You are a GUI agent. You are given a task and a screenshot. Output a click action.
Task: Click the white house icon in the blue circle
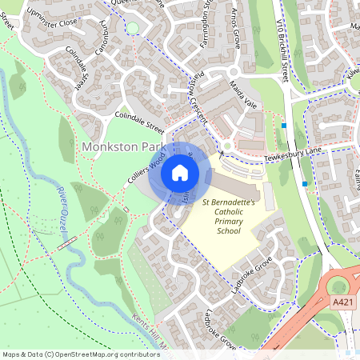pyautogui.click(x=180, y=172)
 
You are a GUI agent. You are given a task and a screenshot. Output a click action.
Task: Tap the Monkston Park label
pyautogui.click(x=122, y=148)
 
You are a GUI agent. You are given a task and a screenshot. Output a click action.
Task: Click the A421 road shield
pyautogui.click(x=342, y=302)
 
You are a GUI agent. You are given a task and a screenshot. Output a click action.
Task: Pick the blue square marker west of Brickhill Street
pyautogui.click(x=284, y=125)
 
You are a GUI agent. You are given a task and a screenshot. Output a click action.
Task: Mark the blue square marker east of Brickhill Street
pyautogui.click(x=305, y=183)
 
